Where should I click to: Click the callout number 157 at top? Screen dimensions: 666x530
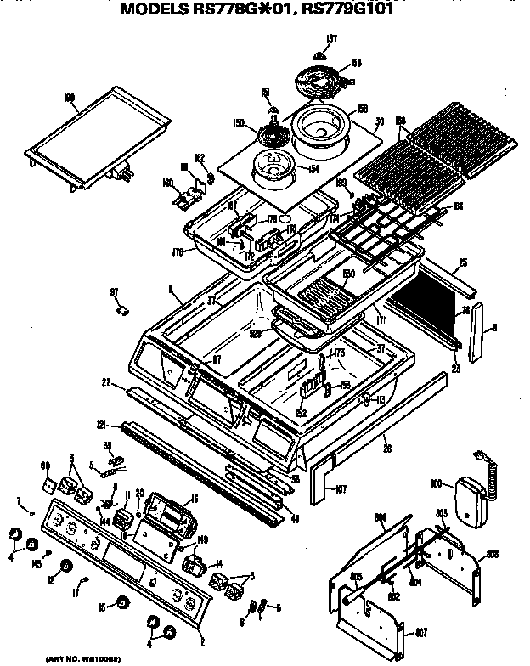point(332,38)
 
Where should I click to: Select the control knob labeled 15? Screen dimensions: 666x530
point(123,604)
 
